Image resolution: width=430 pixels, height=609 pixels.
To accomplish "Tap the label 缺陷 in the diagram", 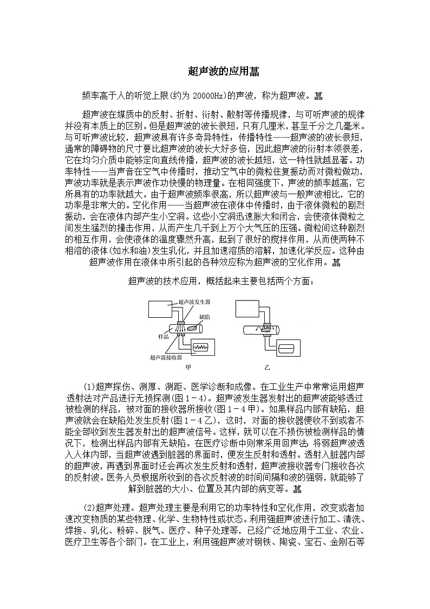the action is pos(205,315).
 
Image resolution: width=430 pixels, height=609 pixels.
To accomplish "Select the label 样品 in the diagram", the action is pos(164,337).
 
